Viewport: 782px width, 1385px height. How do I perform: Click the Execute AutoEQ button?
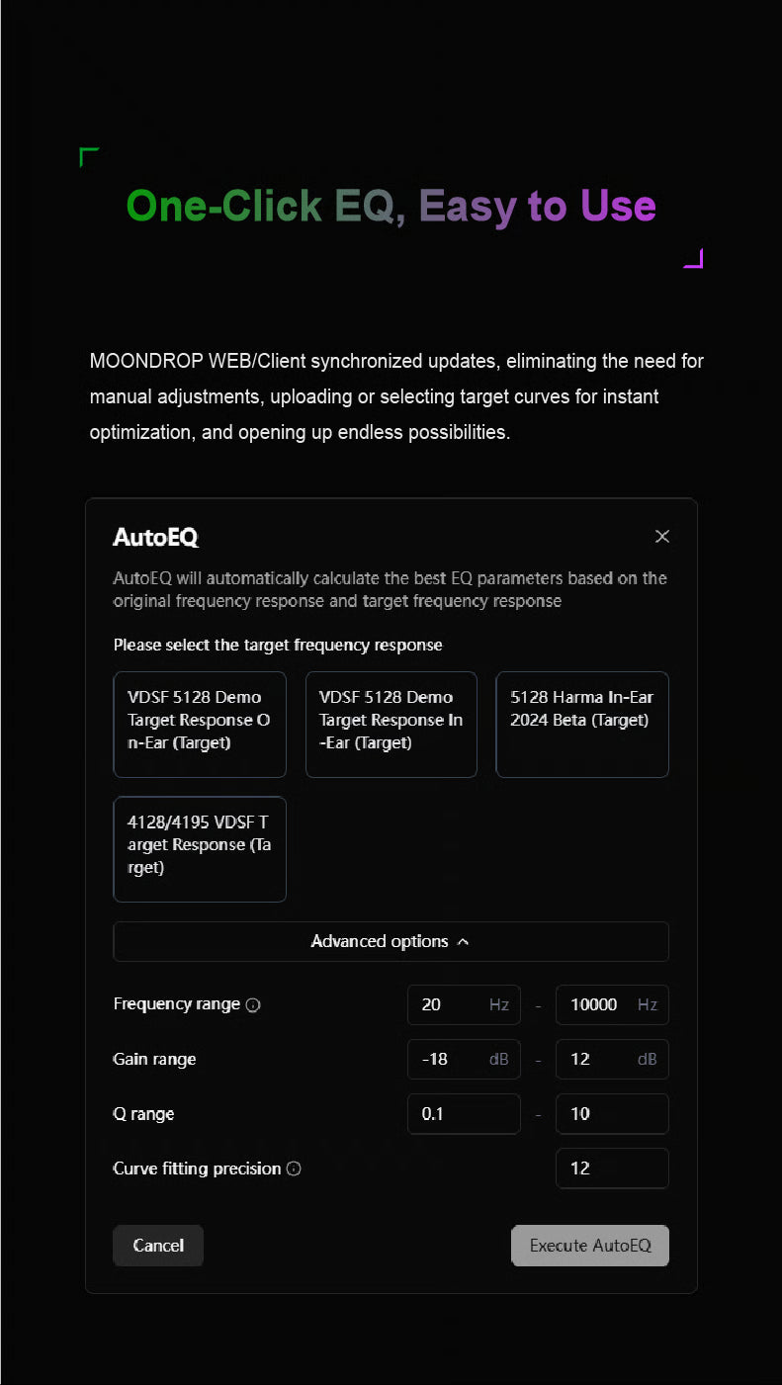click(x=590, y=1246)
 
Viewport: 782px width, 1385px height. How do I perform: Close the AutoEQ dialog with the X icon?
click(x=662, y=536)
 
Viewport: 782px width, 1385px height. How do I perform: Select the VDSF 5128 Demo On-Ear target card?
click(x=200, y=725)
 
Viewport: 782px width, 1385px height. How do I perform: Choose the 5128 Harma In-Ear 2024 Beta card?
click(x=582, y=725)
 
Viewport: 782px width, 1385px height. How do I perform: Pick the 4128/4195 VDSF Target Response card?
click(x=200, y=849)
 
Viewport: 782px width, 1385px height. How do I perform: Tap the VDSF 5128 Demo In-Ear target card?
click(x=391, y=725)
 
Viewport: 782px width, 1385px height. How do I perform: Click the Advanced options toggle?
click(x=391, y=941)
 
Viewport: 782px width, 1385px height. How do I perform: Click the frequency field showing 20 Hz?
click(x=464, y=1004)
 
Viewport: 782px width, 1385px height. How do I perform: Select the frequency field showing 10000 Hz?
click(x=612, y=1004)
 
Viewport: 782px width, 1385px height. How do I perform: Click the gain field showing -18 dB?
click(x=464, y=1059)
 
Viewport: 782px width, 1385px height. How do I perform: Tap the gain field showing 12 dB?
click(x=612, y=1059)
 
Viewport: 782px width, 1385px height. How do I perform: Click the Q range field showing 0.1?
click(x=464, y=1114)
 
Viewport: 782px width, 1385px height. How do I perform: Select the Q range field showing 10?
click(x=612, y=1114)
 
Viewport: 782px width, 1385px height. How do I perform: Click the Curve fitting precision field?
click(x=612, y=1169)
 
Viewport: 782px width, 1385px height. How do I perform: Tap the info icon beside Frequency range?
click(x=253, y=1005)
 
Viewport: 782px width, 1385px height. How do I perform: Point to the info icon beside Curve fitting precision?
click(x=294, y=1169)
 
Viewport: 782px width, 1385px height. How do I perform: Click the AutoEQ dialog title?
click(x=156, y=537)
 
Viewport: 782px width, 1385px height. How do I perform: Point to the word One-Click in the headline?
click(x=224, y=206)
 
